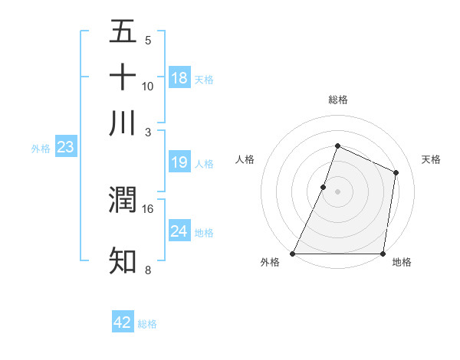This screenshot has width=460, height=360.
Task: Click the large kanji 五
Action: tap(123, 32)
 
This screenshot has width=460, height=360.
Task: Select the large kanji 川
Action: tap(123, 123)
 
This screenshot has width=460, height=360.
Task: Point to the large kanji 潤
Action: tap(123, 200)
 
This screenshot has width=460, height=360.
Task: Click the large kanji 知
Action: tap(123, 260)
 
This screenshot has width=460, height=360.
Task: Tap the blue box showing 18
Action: tap(179, 78)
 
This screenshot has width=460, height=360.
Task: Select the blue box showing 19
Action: tap(179, 162)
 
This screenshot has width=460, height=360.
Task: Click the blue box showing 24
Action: tap(179, 231)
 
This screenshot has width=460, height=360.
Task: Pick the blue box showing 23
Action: tap(64, 147)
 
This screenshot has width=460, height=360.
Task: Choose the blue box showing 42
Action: tap(123, 322)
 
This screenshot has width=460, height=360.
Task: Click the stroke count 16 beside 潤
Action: tap(148, 208)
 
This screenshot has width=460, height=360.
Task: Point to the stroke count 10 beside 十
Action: tap(148, 86)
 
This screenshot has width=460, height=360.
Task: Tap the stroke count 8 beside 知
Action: tap(148, 270)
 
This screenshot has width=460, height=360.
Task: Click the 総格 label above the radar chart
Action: tap(337, 100)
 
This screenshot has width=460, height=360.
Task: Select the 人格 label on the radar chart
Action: tap(245, 159)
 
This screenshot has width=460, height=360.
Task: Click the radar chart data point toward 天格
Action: tap(396, 172)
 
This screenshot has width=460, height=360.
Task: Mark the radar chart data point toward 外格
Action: tap(293, 254)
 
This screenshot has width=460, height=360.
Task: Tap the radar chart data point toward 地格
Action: tap(383, 254)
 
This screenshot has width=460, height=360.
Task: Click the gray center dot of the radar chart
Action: tap(337, 191)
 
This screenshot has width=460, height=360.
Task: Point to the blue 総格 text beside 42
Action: tap(147, 324)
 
